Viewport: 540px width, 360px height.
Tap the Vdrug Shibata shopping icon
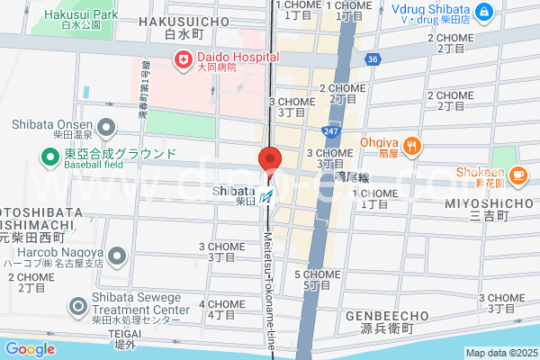(484, 12)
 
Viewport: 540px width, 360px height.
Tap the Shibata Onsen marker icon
(106, 127)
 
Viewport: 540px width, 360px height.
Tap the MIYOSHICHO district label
(490, 203)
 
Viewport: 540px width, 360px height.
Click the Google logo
(30, 349)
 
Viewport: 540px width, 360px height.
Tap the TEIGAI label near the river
(124, 333)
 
